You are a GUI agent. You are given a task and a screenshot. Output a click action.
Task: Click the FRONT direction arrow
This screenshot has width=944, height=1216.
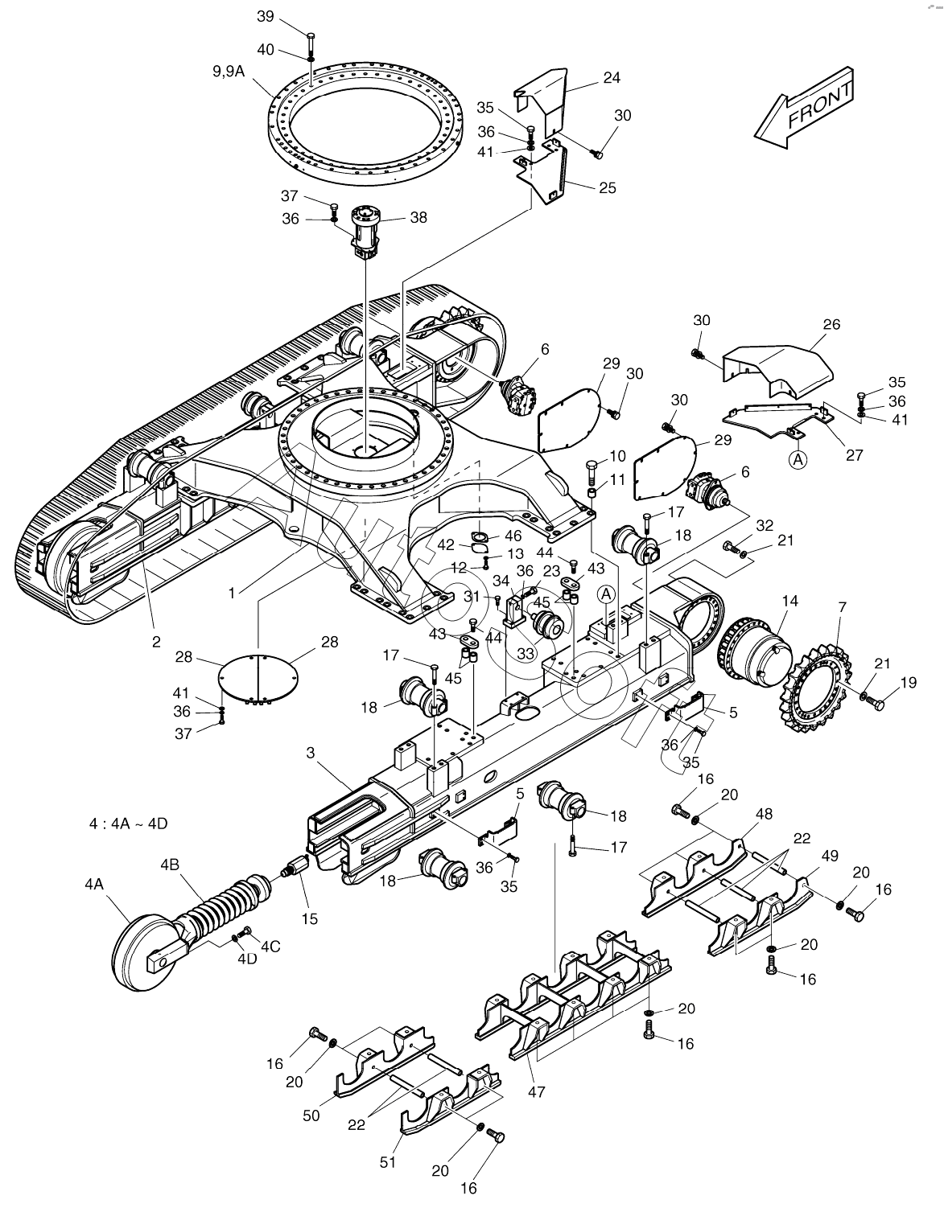pos(804,109)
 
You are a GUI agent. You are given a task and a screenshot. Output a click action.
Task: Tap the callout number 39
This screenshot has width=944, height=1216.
pos(266,17)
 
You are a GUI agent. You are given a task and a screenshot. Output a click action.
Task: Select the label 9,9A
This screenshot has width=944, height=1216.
pos(229,71)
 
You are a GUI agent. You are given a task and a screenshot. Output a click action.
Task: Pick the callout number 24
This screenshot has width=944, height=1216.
pos(612,77)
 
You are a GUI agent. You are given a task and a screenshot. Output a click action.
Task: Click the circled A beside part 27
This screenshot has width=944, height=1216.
pos(798,460)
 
